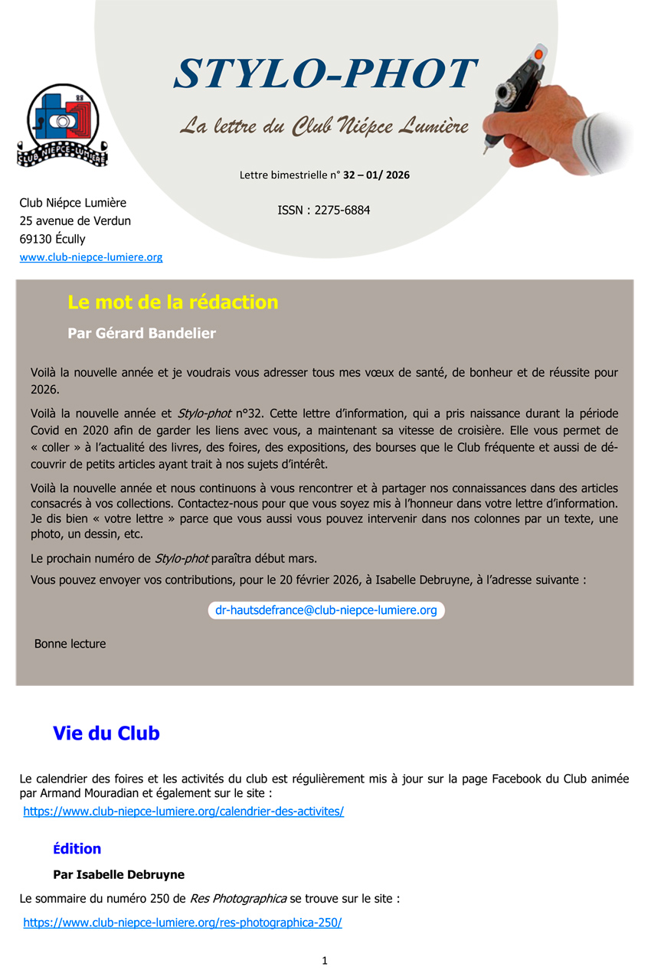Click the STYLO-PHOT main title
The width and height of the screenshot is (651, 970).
[325, 75]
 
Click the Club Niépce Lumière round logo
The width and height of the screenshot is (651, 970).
[63, 124]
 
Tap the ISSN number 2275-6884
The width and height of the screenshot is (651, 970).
[323, 210]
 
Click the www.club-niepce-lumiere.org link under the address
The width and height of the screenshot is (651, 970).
[90, 257]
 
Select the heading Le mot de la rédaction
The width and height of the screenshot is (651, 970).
[172, 302]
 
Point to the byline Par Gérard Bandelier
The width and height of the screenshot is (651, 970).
[141, 333]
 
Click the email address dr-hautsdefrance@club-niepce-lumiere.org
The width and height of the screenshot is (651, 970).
[325, 610]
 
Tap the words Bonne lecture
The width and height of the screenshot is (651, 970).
[70, 644]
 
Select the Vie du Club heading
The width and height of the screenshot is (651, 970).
[106, 733]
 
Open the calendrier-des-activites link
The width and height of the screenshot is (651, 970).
[183, 811]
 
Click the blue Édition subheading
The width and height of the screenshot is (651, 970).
[77, 848]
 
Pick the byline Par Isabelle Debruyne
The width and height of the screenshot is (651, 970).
[118, 874]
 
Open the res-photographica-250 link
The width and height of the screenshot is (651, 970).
[182, 923]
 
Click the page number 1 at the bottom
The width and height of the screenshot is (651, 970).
[325, 961]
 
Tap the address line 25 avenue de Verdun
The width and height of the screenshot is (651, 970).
[75, 220]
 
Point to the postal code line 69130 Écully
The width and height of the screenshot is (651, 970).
[52, 239]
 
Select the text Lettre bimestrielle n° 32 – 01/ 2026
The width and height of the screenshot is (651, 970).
[324, 175]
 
